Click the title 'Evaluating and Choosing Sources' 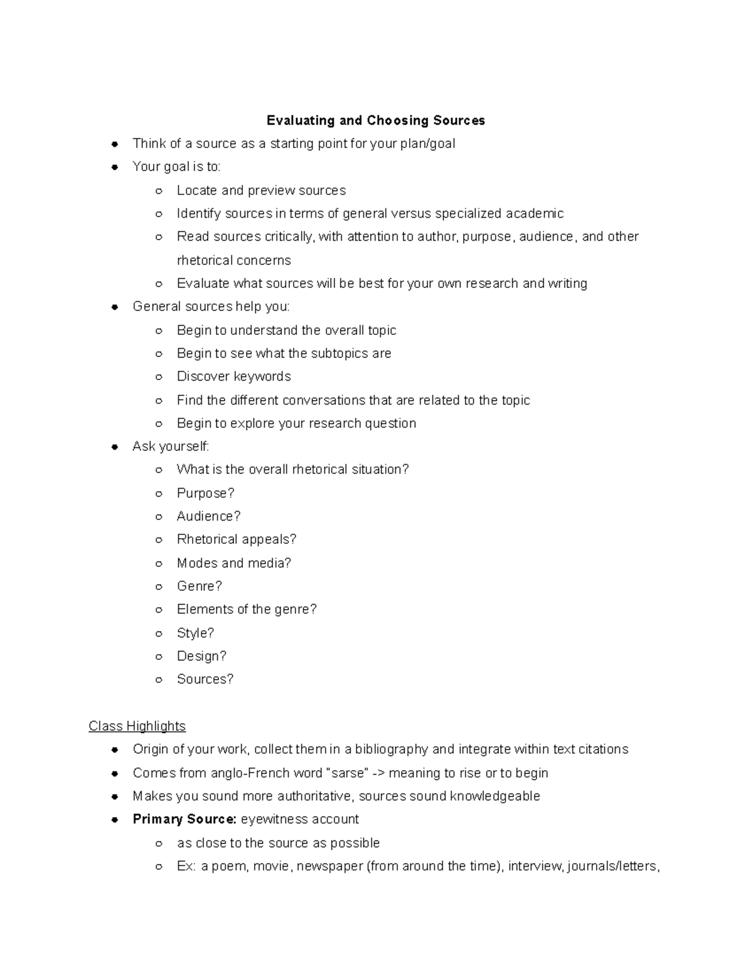[x=375, y=120]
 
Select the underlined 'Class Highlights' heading [x=137, y=726]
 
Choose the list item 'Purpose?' [x=205, y=493]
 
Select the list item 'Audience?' [x=208, y=516]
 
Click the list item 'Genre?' [x=199, y=586]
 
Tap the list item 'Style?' [x=195, y=633]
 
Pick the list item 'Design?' [x=201, y=656]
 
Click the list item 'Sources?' [x=205, y=679]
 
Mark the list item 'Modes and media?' [x=233, y=563]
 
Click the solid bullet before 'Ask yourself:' [x=115, y=447]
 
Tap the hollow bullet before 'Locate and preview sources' [x=159, y=191]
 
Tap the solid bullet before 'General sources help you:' [x=115, y=307]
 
